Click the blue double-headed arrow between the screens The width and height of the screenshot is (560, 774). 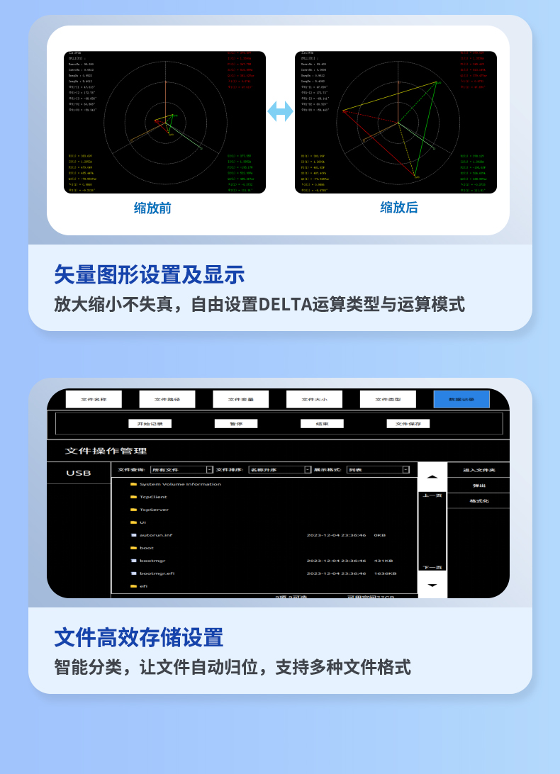[x=280, y=111]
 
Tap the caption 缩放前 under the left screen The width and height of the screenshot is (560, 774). [x=152, y=208]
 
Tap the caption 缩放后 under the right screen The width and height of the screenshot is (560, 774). [x=399, y=207]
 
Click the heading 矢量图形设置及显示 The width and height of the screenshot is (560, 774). [x=150, y=275]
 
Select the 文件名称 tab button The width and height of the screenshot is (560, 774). [x=94, y=399]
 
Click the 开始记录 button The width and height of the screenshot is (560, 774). [x=150, y=424]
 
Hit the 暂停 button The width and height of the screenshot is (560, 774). [x=235, y=424]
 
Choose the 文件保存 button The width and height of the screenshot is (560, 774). [x=408, y=424]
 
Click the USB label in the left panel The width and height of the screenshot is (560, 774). [x=79, y=473]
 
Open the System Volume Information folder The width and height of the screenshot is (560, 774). [x=179, y=484]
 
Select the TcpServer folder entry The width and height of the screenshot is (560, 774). [x=154, y=510]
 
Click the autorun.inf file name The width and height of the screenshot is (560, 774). [x=156, y=535]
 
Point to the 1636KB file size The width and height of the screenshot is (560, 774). [x=385, y=573]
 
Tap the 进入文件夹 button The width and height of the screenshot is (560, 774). [x=478, y=470]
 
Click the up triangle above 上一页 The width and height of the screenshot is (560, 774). [x=432, y=476]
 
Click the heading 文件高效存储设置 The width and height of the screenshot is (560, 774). [x=139, y=637]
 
